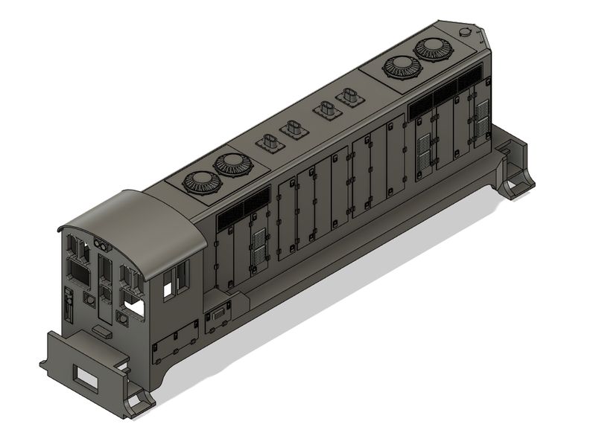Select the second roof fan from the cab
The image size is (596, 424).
pyautogui.click(x=231, y=165)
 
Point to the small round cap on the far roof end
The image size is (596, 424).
pyautogui.click(x=467, y=32)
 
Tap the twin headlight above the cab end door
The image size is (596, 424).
pyautogui.click(x=101, y=245)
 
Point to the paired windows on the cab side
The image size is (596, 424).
pyautogui.click(x=174, y=280)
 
